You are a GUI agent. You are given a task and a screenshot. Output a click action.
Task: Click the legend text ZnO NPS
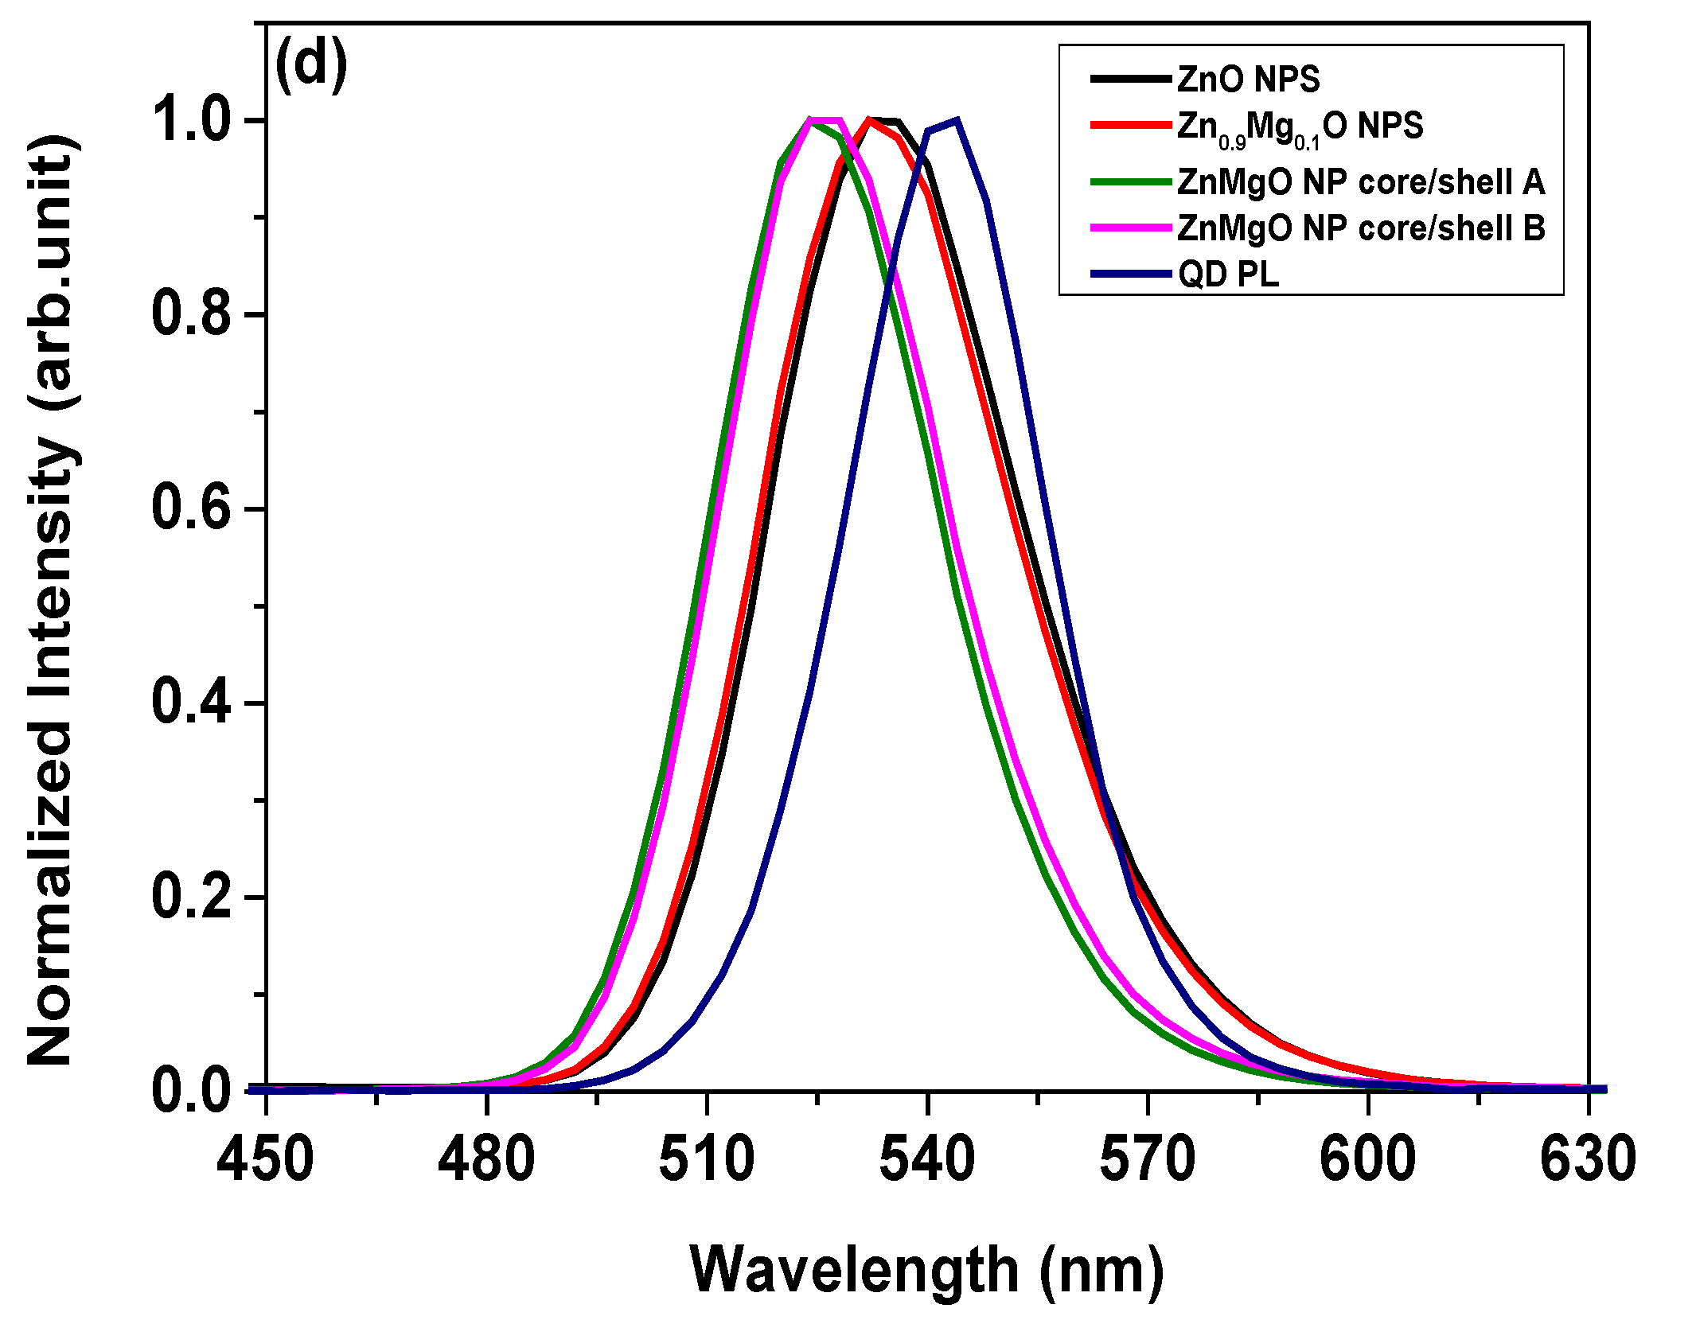tap(1248, 80)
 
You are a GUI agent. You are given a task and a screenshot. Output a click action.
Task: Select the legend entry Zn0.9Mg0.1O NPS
tap(1300, 127)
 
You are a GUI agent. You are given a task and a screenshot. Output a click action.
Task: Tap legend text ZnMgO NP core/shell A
tap(1360, 182)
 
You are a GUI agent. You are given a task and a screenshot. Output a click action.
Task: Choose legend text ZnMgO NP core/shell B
tap(1360, 228)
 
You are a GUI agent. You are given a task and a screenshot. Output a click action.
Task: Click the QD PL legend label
tap(1228, 275)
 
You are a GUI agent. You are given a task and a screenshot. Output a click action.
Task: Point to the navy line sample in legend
tap(1130, 275)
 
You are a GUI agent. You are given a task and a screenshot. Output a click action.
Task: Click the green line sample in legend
tap(1130, 182)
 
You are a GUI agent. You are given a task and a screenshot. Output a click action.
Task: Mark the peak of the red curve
tap(869, 120)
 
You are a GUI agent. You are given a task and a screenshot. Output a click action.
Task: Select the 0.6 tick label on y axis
tap(190, 508)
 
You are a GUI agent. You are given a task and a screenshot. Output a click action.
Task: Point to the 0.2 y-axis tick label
tap(190, 897)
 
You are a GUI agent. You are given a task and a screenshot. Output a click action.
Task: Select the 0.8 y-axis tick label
tap(190, 314)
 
